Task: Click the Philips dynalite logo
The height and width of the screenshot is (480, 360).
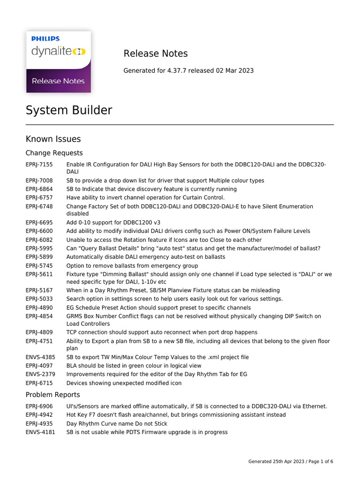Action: [x=58, y=61]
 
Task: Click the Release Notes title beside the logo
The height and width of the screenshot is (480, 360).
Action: [x=155, y=53]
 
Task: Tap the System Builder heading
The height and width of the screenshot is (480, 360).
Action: [x=69, y=110]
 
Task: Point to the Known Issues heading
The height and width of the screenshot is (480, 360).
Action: [x=53, y=139]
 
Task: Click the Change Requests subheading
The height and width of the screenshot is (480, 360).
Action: [x=54, y=153]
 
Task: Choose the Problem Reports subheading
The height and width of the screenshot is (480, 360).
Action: [x=52, y=395]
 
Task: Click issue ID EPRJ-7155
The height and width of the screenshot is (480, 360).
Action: [x=39, y=165]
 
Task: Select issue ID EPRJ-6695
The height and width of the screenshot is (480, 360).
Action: [x=39, y=223]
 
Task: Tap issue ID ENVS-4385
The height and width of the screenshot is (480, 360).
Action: [x=40, y=357]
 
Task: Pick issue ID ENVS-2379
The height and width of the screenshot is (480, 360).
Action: [x=40, y=374]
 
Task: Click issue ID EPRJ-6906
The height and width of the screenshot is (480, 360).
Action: [x=39, y=406]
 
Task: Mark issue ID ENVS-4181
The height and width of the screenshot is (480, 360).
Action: [x=40, y=432]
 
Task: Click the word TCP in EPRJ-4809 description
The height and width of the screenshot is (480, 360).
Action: [x=72, y=332]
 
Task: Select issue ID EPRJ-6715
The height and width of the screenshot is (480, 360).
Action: [x=39, y=383]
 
